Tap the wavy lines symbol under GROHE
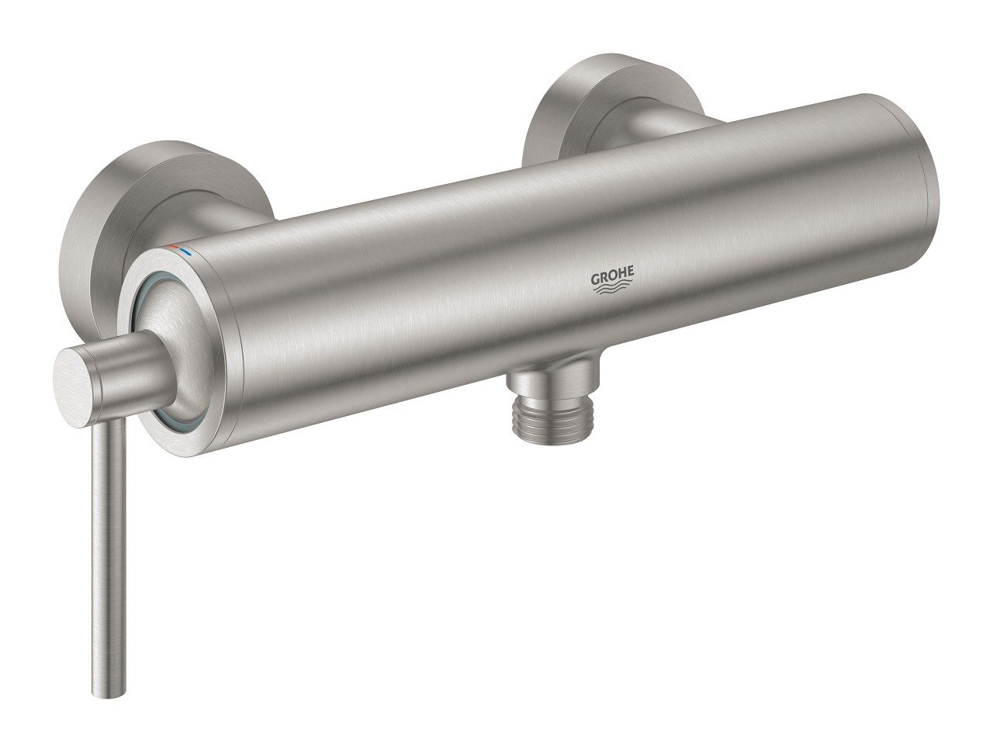614,290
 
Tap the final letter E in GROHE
631,274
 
